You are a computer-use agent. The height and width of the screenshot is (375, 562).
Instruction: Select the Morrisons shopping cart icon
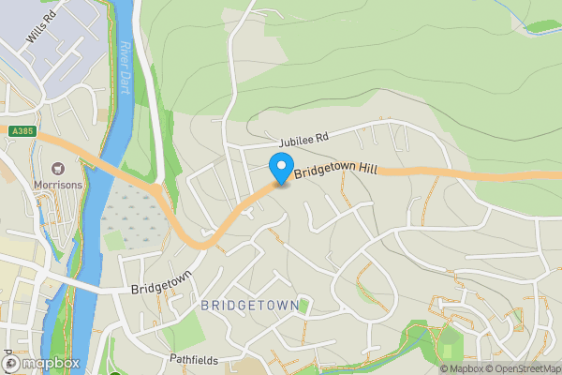pos(59,169)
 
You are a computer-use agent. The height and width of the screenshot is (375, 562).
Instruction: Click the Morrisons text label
pos(59,185)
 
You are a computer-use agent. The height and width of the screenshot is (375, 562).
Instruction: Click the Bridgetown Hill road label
pos(335,171)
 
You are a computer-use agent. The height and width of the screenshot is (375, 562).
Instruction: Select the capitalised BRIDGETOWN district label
pos(250,306)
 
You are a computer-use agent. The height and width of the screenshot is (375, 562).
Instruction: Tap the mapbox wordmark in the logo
pos(52,363)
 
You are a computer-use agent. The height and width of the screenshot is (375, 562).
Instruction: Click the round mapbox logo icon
pos(12,363)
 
